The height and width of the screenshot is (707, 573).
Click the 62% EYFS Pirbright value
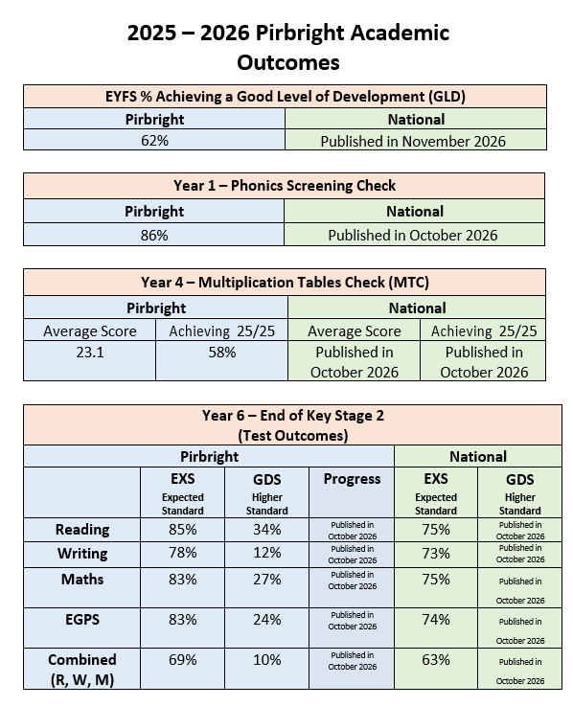click(x=154, y=141)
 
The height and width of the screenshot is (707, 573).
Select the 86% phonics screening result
click(x=154, y=235)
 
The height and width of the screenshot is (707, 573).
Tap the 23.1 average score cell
click(x=90, y=353)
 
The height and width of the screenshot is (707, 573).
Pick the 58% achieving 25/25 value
click(x=221, y=353)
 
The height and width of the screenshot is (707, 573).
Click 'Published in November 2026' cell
click(x=413, y=141)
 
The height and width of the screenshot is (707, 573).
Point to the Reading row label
click(x=82, y=530)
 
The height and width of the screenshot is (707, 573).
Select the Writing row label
click(x=82, y=554)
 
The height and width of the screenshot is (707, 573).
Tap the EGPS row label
click(x=82, y=620)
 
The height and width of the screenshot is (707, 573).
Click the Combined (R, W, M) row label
click(x=82, y=669)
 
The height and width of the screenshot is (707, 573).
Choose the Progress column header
click(x=352, y=479)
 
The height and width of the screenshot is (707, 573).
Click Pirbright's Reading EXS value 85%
click(x=183, y=530)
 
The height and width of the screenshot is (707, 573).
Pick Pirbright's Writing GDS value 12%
click(x=267, y=553)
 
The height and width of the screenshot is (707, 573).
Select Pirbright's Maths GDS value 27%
click(x=267, y=579)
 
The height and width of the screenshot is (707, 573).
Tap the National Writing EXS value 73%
click(x=436, y=554)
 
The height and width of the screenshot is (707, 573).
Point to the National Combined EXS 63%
click(x=436, y=660)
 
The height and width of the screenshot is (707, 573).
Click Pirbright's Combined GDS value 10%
click(x=267, y=660)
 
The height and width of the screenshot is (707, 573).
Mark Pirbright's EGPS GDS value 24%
click(x=267, y=620)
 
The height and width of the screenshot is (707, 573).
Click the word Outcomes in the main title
click(x=288, y=62)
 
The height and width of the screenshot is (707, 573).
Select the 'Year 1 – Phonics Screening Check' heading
click(x=285, y=185)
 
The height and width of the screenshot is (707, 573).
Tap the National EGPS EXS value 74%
click(x=436, y=620)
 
